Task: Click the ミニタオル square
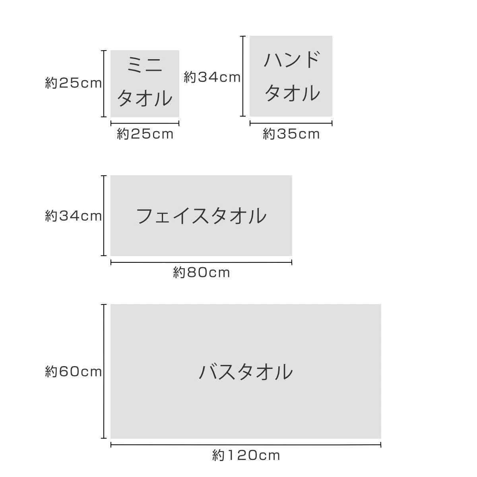145,83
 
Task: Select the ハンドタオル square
291,76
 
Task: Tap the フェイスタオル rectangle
201,215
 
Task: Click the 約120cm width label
246,456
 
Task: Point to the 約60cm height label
73,372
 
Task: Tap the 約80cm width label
202,273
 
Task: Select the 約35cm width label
291,134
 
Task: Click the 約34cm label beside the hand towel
212,77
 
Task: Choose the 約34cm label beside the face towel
73,216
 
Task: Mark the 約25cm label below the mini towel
145,134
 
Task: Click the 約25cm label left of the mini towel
73,83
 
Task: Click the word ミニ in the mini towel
145,65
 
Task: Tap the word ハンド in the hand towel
292,60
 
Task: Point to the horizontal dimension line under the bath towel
246,445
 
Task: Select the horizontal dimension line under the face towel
201,262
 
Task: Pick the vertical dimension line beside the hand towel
243,76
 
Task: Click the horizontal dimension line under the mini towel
145,123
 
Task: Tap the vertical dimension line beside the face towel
104,215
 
